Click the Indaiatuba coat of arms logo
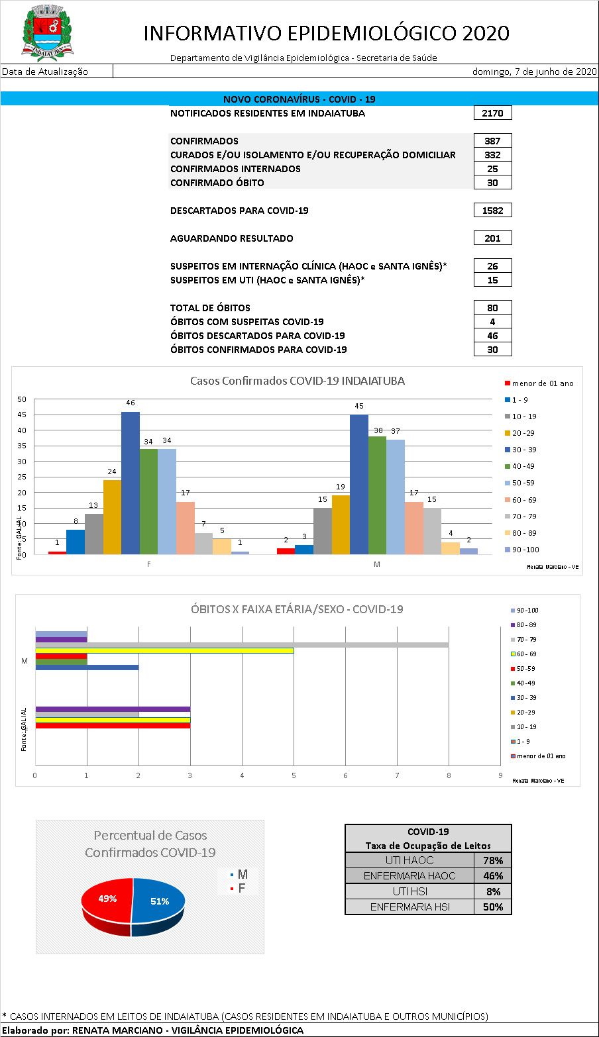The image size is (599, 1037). pos(48,31)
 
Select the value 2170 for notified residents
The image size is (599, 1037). pos(492,113)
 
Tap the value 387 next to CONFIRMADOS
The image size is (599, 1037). pos(492,141)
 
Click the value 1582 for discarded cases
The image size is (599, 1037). pos(492,211)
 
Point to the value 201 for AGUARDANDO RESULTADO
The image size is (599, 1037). pos(492,238)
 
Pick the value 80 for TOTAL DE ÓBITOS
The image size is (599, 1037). pos(492,308)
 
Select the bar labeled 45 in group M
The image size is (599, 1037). pos(359,484)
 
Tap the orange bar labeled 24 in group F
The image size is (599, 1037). pos(112,517)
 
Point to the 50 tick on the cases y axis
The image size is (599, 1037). pos(22,399)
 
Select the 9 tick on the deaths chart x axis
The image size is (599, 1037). pos(500,775)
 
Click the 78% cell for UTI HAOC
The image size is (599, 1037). pos(493,860)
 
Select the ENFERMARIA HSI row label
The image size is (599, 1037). pos(409,907)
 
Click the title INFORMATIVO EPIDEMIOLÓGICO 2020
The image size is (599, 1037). pos(326,33)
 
